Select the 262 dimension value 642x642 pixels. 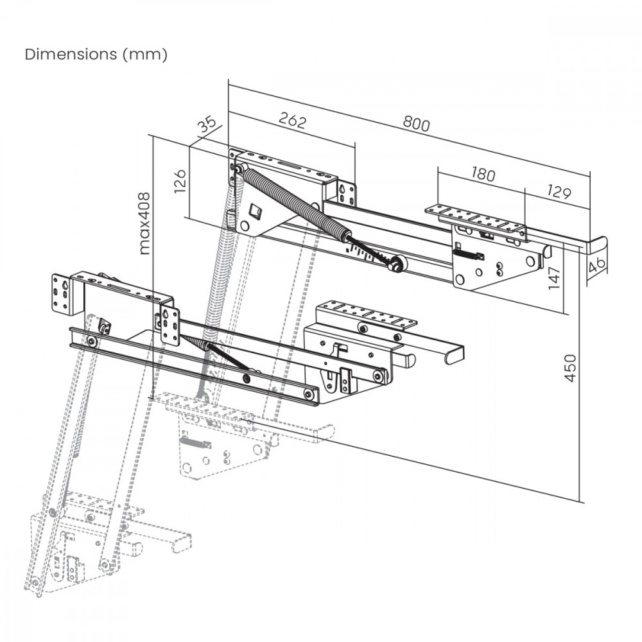click(292, 121)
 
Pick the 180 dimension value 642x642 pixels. click(483, 175)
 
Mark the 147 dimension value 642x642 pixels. click(555, 279)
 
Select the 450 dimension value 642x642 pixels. click(569, 368)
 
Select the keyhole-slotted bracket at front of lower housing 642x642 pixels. click(170, 325)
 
